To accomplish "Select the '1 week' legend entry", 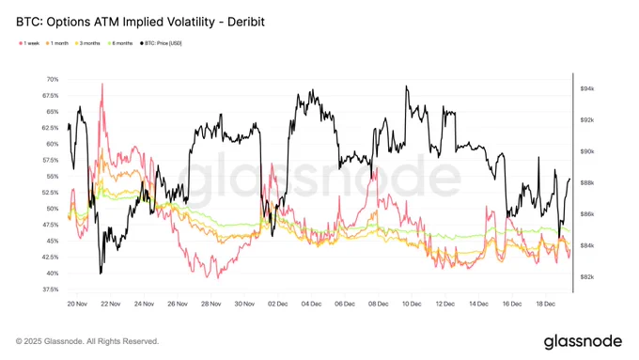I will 29,42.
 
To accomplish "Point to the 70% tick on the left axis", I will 51,80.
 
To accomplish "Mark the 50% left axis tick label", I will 51,209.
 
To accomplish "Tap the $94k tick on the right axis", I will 587,88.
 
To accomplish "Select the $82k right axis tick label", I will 587,277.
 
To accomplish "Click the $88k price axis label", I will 587,182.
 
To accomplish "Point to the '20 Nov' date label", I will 78,305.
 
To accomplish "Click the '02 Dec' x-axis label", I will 277,305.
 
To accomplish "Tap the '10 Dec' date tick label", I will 411,305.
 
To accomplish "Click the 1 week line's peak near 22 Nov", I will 101,85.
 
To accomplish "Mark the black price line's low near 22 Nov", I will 100,273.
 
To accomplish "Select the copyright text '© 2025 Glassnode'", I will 56,341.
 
